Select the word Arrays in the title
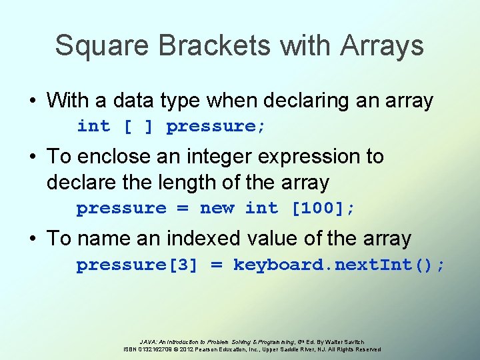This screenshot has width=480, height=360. [382, 45]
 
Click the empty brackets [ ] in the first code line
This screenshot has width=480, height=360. [138, 126]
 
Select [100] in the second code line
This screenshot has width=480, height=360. [317, 208]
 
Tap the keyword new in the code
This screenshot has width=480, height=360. [217, 208]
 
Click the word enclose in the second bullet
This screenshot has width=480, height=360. [111, 157]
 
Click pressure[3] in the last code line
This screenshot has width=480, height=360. [137, 265]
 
